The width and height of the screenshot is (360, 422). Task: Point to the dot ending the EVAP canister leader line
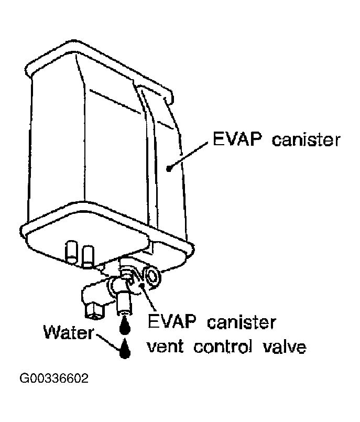tap(168, 168)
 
